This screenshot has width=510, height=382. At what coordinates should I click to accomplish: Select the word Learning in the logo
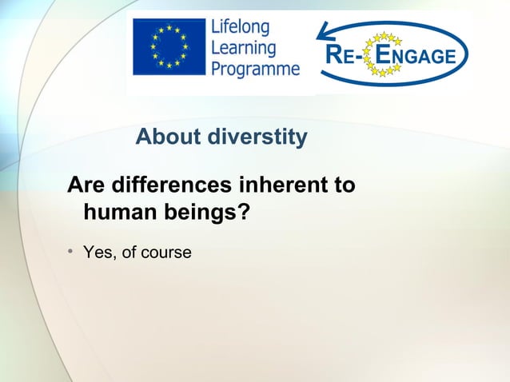click(x=243, y=49)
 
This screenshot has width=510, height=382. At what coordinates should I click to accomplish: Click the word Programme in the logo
click(x=255, y=69)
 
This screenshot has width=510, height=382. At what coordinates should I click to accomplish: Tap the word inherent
click(x=280, y=185)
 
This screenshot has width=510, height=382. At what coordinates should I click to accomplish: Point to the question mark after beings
click(x=243, y=213)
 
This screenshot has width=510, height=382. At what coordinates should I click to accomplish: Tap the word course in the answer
click(x=166, y=253)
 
